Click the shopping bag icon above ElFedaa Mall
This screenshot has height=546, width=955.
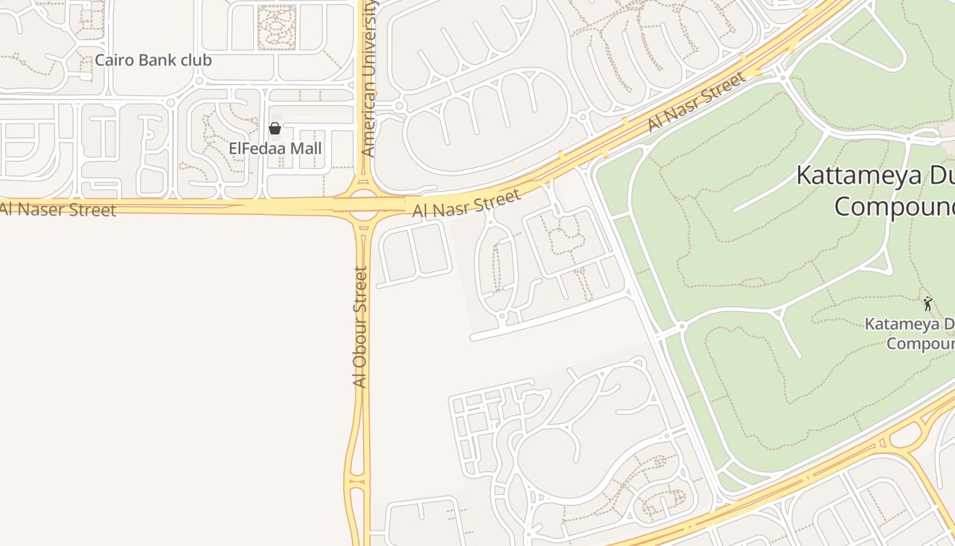(x=275, y=128)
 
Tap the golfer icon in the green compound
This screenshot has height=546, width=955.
(x=927, y=304)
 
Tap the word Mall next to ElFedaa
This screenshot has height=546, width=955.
(x=306, y=148)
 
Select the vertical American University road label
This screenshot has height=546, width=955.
(x=368, y=78)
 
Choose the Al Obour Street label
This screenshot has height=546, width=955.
(x=360, y=327)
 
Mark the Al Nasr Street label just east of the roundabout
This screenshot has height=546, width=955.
(x=467, y=203)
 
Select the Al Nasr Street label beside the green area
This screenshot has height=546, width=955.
(x=696, y=102)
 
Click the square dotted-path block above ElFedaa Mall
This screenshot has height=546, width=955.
(x=277, y=27)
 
